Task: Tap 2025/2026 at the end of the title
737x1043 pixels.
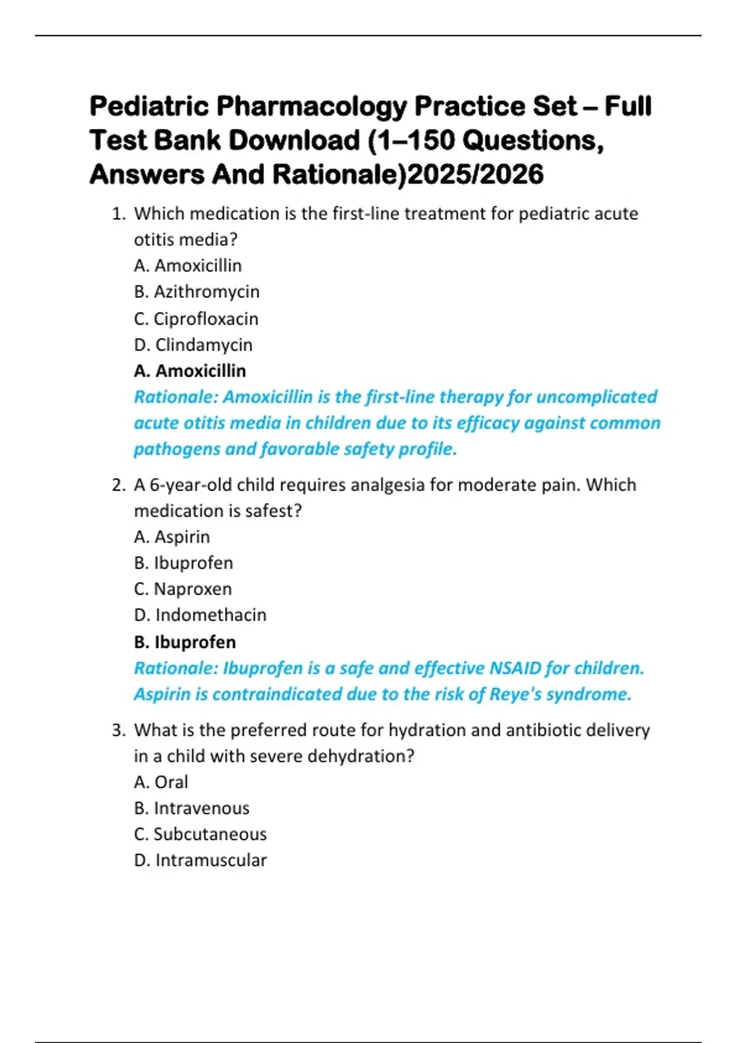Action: tap(475, 174)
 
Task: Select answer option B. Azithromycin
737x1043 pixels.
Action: tap(197, 291)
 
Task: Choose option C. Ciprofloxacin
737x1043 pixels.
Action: tap(196, 318)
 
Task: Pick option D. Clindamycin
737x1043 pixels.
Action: tap(193, 345)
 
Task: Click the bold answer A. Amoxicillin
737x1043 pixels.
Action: tap(190, 371)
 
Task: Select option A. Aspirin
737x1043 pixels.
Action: tap(172, 537)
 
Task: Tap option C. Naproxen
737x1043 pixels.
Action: tap(183, 589)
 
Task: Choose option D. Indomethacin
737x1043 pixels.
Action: tap(200, 615)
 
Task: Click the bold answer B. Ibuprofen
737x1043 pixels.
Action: tap(185, 642)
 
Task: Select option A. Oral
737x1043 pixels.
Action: tap(161, 782)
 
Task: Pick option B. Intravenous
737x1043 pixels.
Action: tap(192, 808)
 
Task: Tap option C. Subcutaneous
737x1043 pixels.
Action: tap(200, 834)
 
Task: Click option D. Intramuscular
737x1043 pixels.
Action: tap(200, 860)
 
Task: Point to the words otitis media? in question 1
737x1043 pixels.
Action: tap(185, 239)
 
